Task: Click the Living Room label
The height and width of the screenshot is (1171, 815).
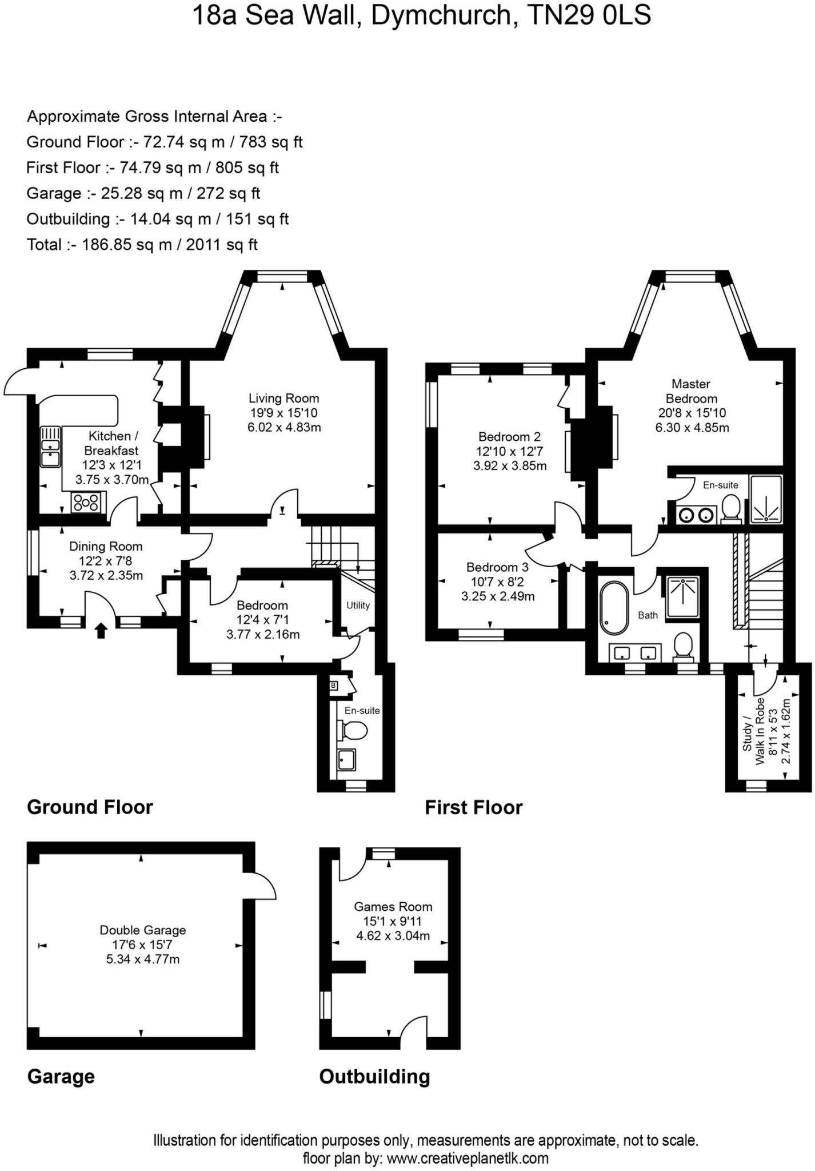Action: tap(283, 399)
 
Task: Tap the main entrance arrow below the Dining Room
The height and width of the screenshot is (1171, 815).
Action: tap(101, 631)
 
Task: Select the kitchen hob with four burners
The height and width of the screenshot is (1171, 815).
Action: tap(86, 503)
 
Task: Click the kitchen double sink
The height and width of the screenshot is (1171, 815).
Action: tap(50, 447)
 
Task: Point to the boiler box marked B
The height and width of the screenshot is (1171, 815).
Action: tap(334, 685)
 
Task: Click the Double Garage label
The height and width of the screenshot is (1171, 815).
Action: tap(143, 930)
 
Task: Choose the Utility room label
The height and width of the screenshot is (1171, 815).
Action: tap(358, 605)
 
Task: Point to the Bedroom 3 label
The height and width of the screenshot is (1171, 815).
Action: tap(497, 567)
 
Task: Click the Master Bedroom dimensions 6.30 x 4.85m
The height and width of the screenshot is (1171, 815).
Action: tap(692, 428)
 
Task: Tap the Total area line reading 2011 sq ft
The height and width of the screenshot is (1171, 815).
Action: tap(142, 245)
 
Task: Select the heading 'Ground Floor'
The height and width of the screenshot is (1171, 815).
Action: tap(90, 807)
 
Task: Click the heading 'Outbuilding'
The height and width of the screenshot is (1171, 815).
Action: tap(374, 1077)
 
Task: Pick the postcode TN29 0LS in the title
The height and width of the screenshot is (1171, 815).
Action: tap(589, 15)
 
